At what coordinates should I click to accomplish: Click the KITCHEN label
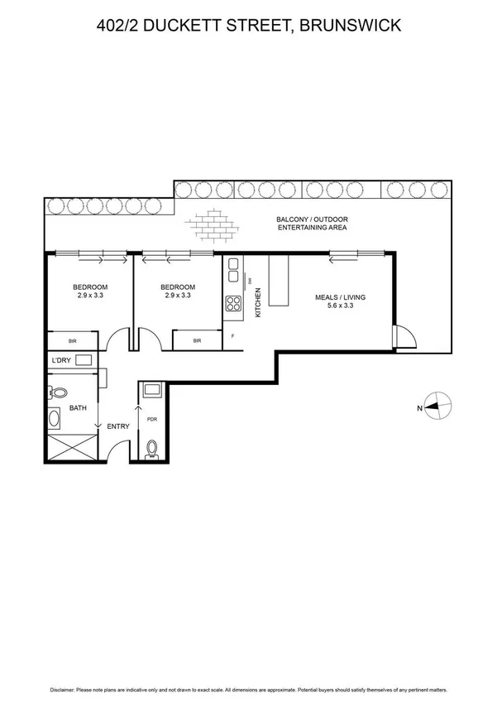(258, 304)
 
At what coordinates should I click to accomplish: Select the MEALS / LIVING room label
(340, 297)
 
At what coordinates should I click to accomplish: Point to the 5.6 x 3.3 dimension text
(340, 306)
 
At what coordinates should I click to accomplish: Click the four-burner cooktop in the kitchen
(233, 303)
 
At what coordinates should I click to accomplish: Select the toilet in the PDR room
(152, 449)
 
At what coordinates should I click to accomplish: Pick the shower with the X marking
(69, 447)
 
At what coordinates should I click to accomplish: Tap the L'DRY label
(60, 360)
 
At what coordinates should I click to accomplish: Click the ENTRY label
(120, 426)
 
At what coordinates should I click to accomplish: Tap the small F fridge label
(234, 335)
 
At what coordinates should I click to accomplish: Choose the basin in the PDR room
(153, 389)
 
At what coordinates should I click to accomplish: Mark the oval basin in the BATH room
(54, 419)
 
